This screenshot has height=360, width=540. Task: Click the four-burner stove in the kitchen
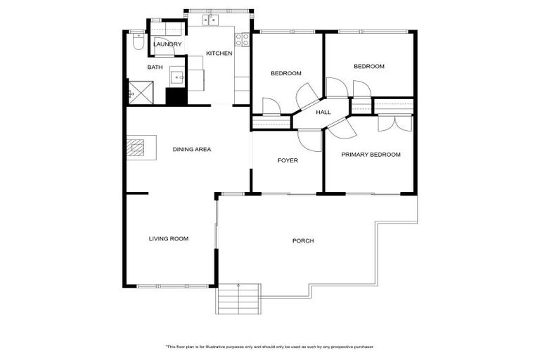[243, 40]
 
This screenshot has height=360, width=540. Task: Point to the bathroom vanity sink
[177, 77]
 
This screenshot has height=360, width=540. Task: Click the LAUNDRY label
[167, 44]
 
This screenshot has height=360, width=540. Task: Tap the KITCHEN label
[219, 53]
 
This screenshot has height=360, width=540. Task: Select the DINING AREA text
[192, 149]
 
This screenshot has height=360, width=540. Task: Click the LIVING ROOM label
[169, 239]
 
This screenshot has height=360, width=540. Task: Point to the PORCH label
[303, 241]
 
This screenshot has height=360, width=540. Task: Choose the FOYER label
[288, 160]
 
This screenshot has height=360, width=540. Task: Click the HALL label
[323, 112]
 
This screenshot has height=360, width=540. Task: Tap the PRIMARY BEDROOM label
[371, 155]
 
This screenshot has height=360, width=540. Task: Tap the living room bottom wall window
[173, 286]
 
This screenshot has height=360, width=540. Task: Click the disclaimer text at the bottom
[269, 347]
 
